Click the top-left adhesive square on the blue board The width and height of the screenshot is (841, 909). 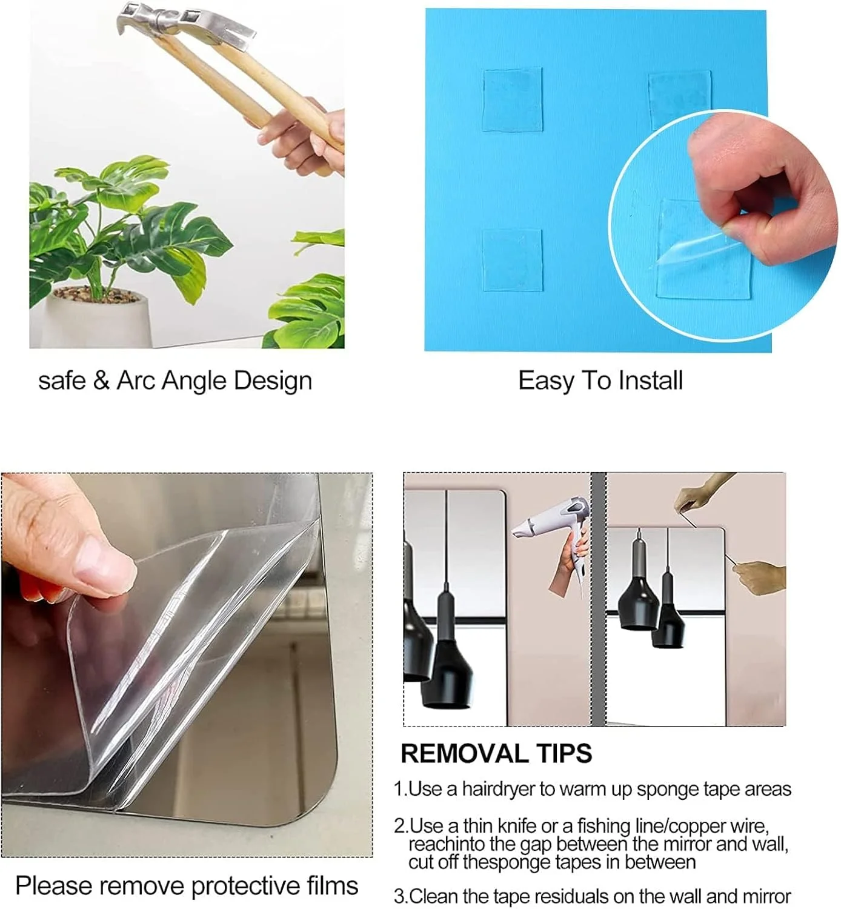(512, 100)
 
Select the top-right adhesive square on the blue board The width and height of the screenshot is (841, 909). (680, 98)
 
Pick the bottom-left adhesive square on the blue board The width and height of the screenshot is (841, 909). (512, 259)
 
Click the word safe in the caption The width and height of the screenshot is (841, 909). (62, 381)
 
